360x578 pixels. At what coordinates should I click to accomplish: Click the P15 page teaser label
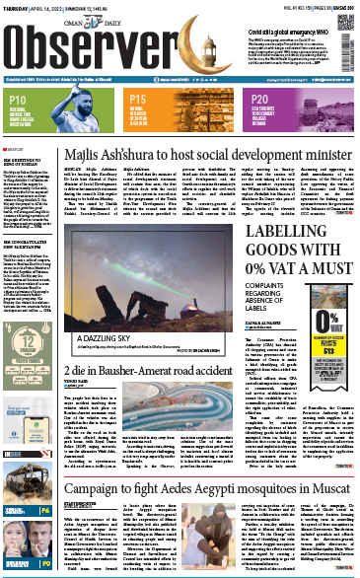(x=137, y=100)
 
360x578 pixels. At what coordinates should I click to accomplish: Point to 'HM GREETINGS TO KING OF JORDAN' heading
(x=31, y=159)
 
